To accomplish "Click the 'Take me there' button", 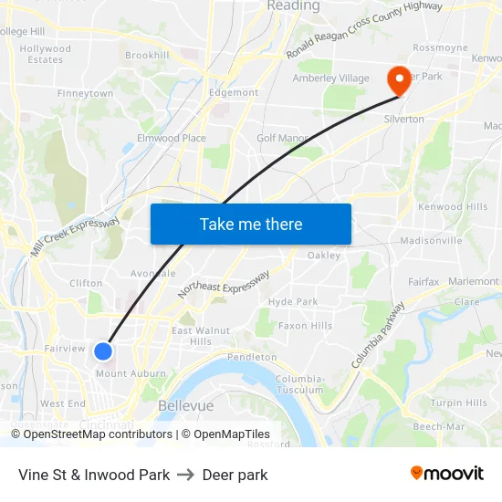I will point(251,225).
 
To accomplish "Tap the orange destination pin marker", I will point(399,79).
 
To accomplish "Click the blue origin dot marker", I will point(103,350).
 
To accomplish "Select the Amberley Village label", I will point(330,78).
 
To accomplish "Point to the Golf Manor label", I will point(282,138).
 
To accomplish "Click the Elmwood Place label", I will point(171,139).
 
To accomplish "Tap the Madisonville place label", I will point(431,241).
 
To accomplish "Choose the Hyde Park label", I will point(293,302).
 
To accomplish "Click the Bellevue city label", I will point(185,405).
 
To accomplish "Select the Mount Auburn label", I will point(131,373).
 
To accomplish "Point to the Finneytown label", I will point(85,94).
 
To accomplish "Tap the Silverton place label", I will point(403,120).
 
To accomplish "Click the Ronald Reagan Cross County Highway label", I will point(364,30).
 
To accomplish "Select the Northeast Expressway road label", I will point(224,285).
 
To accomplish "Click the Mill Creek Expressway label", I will point(77,237).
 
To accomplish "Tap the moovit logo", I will point(446,474).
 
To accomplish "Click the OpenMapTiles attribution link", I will point(232,434).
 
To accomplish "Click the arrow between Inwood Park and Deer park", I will point(185,475).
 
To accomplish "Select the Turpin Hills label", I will point(458,403).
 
